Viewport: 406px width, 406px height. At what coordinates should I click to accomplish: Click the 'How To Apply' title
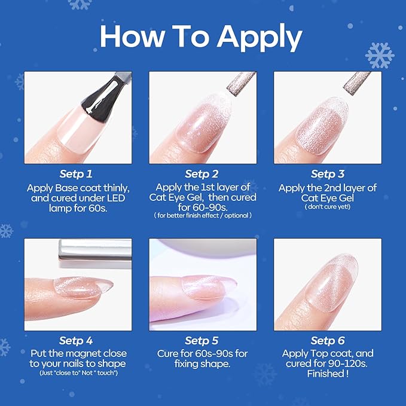[201, 38]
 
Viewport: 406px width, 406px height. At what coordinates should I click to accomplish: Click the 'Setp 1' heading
[76, 174]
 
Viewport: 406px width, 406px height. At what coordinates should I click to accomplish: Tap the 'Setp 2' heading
[202, 174]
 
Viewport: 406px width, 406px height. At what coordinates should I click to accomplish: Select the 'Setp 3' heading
[328, 174]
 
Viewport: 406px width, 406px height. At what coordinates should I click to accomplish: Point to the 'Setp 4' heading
[76, 341]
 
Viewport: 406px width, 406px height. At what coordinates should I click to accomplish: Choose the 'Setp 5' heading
[202, 341]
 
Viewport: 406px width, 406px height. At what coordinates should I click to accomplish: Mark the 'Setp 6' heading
[328, 341]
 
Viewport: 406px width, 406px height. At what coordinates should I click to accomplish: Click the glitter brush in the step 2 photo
[241, 84]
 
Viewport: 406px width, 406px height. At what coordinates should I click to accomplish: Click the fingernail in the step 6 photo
[331, 282]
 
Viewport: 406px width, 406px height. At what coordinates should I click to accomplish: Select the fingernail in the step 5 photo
[207, 288]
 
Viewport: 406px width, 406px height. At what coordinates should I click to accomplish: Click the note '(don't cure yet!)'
[328, 207]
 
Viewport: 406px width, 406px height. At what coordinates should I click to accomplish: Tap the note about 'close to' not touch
[78, 373]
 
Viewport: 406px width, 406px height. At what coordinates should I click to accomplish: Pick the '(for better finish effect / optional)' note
[203, 215]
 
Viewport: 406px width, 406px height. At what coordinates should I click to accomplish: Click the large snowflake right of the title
[380, 55]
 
